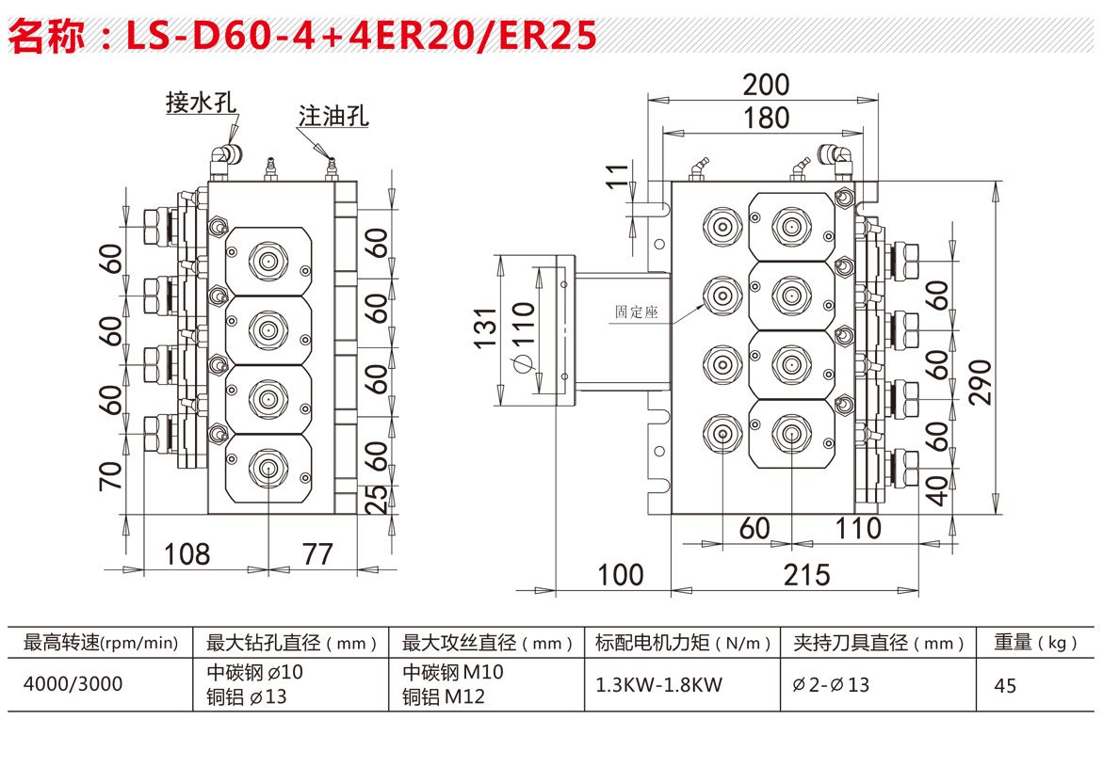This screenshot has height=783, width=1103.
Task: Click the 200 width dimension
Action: click(x=766, y=84)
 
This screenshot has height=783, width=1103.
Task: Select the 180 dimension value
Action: click(x=766, y=118)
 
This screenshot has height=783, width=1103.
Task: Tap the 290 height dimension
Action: click(x=981, y=380)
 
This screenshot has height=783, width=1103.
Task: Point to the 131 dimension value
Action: click(x=486, y=328)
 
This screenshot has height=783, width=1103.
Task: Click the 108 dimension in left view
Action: click(x=187, y=553)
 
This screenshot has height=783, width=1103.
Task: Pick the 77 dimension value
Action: click(x=317, y=553)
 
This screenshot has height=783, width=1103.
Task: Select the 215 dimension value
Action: click(x=806, y=573)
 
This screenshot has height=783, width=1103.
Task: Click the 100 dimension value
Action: click(x=621, y=573)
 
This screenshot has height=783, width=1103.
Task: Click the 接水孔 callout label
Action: click(x=200, y=103)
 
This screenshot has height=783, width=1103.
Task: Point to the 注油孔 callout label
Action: click(x=333, y=116)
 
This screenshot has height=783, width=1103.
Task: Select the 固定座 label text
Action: click(x=637, y=312)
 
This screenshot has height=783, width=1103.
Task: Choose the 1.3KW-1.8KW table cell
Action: click(x=658, y=685)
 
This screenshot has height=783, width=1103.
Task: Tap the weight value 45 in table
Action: click(x=1005, y=686)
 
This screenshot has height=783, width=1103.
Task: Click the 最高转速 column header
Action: click(x=100, y=644)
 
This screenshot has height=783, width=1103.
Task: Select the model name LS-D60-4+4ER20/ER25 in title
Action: click(x=362, y=36)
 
